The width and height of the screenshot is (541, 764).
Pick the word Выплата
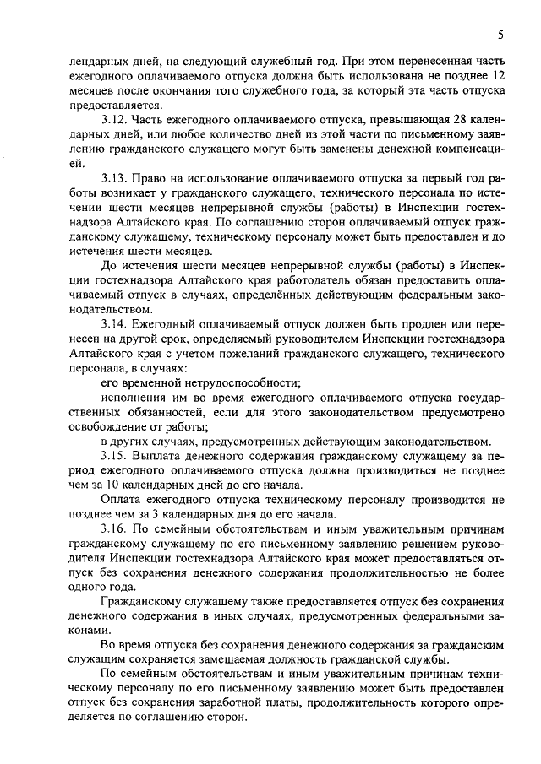coord(161,457)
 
